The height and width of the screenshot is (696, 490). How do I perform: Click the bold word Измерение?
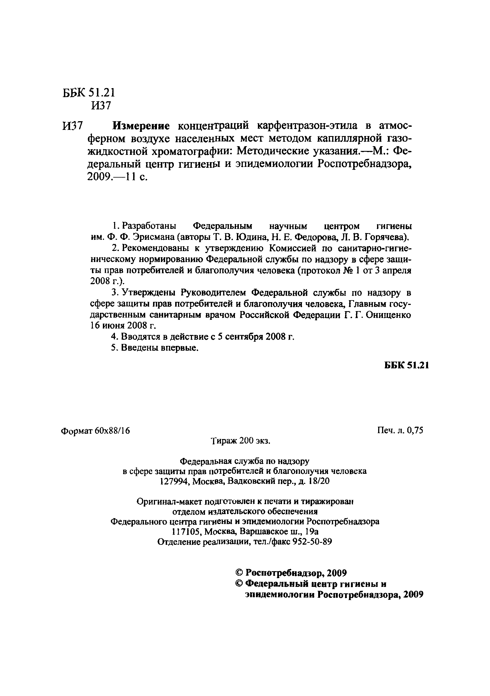click(x=141, y=125)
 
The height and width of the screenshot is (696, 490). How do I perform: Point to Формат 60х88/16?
click(x=95, y=431)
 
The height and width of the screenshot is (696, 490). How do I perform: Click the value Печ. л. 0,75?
click(x=400, y=430)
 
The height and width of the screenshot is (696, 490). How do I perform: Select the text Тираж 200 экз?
click(x=240, y=441)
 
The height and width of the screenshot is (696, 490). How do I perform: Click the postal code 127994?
click(x=174, y=481)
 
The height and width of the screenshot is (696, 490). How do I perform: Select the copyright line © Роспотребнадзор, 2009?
click(x=291, y=573)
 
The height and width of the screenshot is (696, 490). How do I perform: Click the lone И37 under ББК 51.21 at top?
click(x=101, y=106)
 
